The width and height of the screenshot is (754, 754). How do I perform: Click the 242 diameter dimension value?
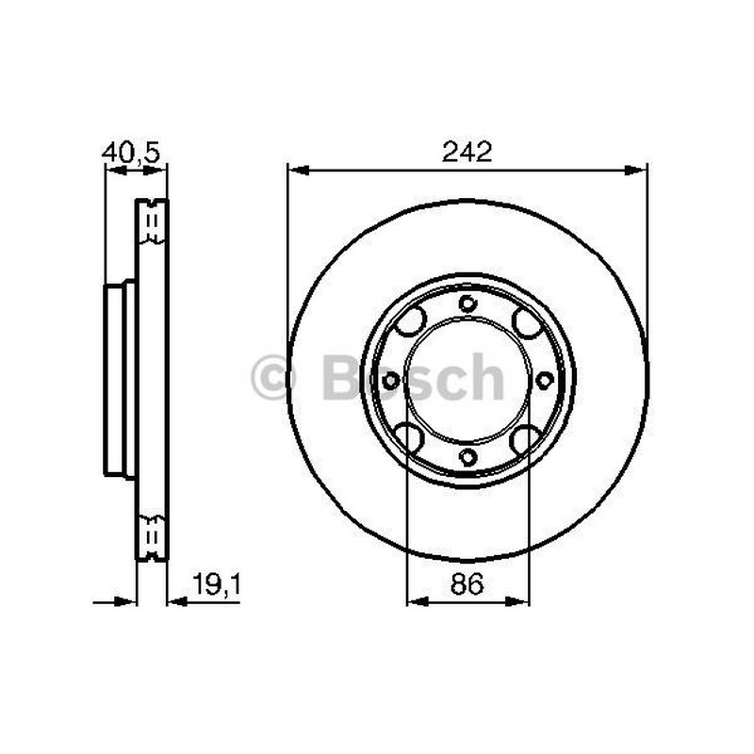tap(467, 152)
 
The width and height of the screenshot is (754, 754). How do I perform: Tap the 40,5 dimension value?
tap(130, 153)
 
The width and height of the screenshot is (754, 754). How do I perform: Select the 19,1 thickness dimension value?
tap(216, 584)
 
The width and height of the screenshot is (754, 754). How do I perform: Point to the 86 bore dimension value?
tap(467, 584)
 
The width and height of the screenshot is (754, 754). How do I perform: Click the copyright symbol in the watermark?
tap(273, 377)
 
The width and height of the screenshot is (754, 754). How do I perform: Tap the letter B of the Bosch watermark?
tap(343, 377)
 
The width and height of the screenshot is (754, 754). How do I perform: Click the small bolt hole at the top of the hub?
tap(467, 303)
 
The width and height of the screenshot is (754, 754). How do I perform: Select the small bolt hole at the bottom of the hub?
tap(467, 456)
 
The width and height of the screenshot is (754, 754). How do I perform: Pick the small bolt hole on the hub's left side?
tap(391, 381)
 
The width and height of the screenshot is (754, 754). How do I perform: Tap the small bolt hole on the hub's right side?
tap(545, 381)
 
